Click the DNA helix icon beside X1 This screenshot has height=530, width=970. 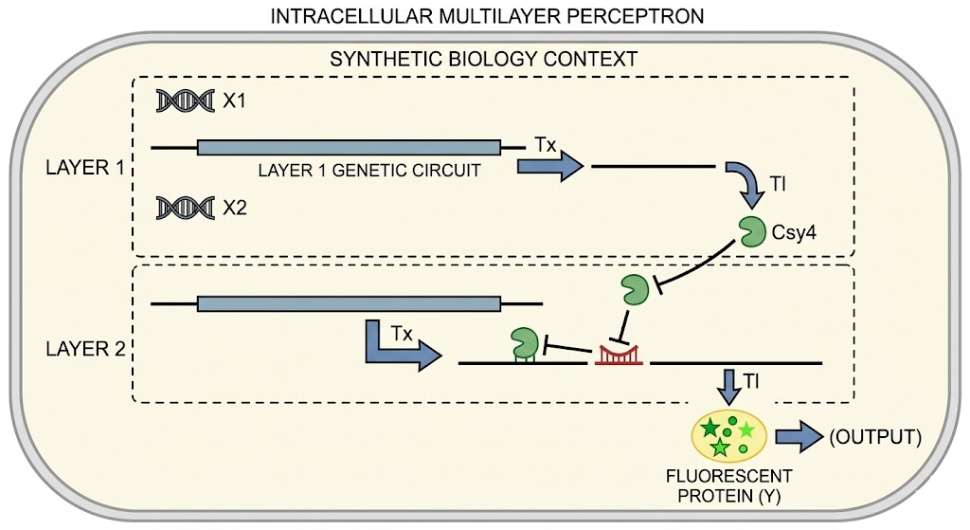pyautogui.click(x=185, y=101)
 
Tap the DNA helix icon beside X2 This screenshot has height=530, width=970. pyautogui.click(x=185, y=208)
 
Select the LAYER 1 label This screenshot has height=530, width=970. pyautogui.click(x=84, y=168)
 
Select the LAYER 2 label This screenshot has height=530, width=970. pyautogui.click(x=84, y=349)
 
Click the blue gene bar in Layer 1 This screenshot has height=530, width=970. pyautogui.click(x=349, y=147)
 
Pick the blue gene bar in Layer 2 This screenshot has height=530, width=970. pyautogui.click(x=349, y=304)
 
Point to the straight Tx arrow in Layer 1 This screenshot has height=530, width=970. pyautogui.click(x=550, y=167)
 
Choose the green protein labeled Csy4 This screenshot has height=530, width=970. pyautogui.click(x=752, y=232)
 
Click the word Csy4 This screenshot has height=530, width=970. pyautogui.click(x=794, y=233)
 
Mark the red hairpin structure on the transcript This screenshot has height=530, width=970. pyautogui.click(x=619, y=356)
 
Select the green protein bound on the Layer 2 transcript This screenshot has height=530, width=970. pyautogui.click(x=525, y=342)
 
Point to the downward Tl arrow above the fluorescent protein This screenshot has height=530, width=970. pyautogui.click(x=730, y=387)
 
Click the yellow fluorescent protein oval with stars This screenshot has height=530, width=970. pyautogui.click(x=728, y=436)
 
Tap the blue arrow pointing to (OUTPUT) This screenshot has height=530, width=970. pyautogui.click(x=799, y=436)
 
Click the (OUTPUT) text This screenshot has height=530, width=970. pyautogui.click(x=875, y=437)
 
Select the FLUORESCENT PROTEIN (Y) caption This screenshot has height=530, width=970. pyautogui.click(x=728, y=486)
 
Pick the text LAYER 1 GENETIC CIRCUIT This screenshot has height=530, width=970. pyautogui.click(x=369, y=171)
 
